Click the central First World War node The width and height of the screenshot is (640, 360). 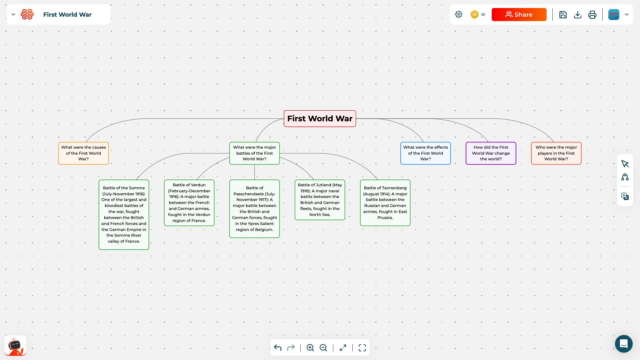320,119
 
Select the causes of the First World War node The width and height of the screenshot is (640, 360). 83,153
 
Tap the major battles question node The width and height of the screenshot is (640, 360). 254,153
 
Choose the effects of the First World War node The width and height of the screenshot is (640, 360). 425,153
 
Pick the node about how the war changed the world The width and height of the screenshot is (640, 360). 491,153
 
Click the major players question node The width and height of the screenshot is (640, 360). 556,153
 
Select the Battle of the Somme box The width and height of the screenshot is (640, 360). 124,215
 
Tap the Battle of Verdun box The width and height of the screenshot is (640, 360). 189,203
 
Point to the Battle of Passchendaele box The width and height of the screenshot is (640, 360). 254,209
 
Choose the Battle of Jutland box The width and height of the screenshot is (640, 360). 320,200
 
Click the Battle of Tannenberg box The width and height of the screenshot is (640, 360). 385,203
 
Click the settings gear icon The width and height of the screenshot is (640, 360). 459,14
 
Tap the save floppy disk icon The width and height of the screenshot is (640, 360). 563,15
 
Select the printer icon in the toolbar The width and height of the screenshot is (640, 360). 592,15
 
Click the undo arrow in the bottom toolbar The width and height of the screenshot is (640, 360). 278,348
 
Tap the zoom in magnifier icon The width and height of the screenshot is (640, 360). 310,348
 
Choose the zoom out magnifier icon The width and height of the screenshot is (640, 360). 323,348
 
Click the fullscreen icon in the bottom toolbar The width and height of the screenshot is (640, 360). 362,348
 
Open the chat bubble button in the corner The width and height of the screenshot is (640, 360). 624,344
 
